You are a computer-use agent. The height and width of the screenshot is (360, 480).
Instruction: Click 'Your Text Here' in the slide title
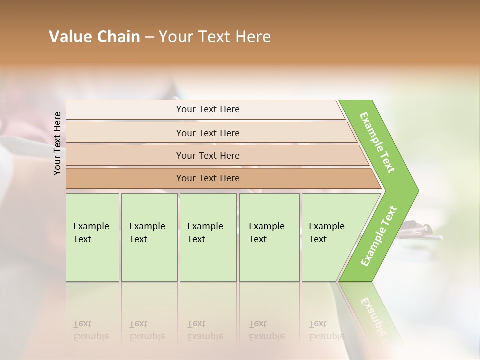click(x=215, y=37)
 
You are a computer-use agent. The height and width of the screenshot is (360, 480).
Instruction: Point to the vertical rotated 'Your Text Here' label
click(x=57, y=143)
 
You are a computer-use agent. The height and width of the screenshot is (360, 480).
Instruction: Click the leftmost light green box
click(x=92, y=237)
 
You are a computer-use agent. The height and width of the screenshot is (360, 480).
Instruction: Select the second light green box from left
click(x=149, y=237)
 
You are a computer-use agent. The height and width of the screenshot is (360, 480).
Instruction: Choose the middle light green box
click(x=208, y=237)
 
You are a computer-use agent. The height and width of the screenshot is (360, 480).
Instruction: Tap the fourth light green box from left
click(x=269, y=237)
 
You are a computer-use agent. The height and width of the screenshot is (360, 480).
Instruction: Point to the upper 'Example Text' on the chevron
click(x=377, y=142)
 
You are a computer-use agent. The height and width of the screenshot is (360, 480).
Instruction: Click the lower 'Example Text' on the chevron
click(x=379, y=236)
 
